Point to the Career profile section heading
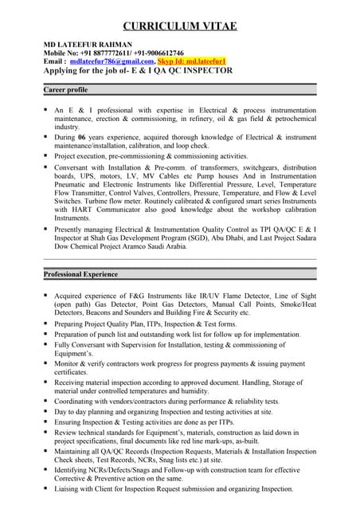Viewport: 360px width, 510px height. click(65, 90)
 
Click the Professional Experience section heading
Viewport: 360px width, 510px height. click(80, 274)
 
